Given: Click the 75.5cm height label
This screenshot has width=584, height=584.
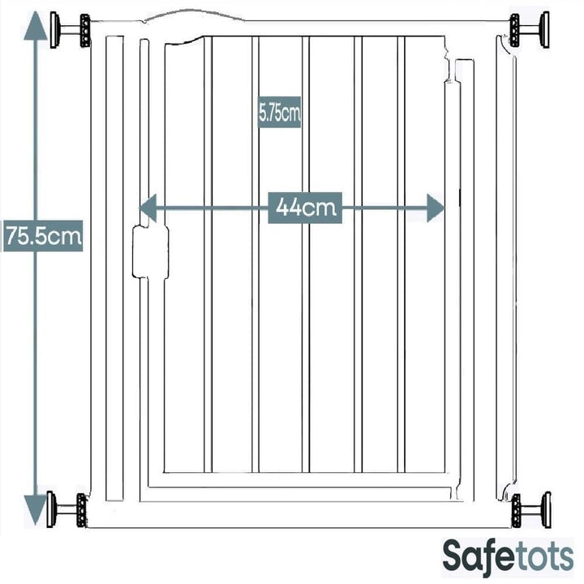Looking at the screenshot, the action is (43, 236).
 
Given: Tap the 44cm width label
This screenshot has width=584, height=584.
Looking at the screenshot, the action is (305, 208).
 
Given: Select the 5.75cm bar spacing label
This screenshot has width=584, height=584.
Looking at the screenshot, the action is (279, 113).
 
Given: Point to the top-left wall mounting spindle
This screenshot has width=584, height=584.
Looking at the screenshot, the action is (71, 30).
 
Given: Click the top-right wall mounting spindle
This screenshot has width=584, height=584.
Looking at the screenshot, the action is (529, 30).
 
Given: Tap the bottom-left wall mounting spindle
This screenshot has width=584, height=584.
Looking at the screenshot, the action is (67, 509).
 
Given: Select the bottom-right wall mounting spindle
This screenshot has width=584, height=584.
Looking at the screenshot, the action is (531, 510).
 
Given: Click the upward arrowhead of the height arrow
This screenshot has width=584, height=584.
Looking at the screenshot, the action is (36, 25).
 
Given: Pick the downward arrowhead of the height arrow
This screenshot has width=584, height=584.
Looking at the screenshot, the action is (36, 510).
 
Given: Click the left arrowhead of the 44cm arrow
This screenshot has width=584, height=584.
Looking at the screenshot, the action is (148, 208).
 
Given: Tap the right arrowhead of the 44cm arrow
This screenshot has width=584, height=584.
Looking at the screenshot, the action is (436, 208).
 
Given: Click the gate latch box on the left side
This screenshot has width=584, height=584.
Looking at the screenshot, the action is (151, 251).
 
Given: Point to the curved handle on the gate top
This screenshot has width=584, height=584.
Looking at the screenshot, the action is (194, 15).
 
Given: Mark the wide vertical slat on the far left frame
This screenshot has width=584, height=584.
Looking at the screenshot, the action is (114, 268).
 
